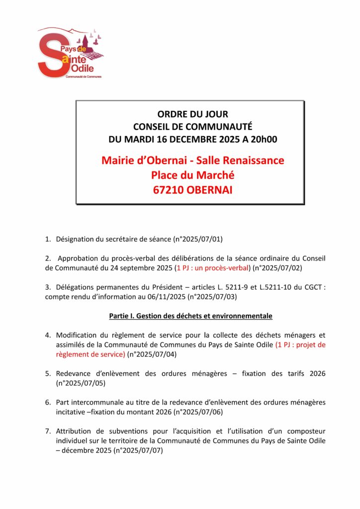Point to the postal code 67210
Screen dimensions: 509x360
(x=168, y=189)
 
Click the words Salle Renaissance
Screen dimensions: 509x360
(x=240, y=161)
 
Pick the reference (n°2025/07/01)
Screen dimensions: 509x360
(x=197, y=239)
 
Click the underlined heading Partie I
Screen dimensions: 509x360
(x=190, y=316)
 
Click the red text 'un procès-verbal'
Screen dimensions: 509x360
(x=222, y=267)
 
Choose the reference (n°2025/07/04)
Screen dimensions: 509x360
(x=152, y=354)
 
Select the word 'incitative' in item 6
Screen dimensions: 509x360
(x=72, y=412)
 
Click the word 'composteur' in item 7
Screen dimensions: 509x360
(x=306, y=431)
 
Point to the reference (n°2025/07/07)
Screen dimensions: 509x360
(x=138, y=450)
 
